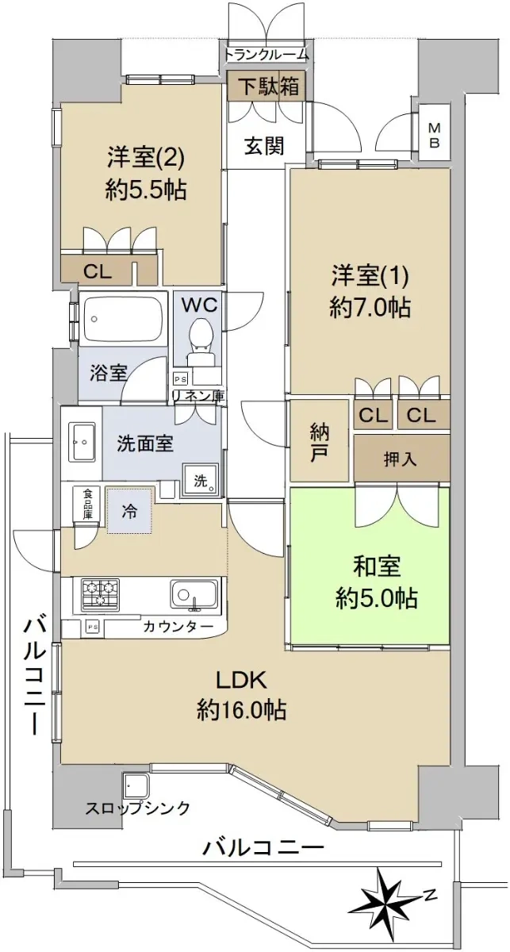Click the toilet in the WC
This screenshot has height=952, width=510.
[200, 341]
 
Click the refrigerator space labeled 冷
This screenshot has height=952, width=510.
[129, 512]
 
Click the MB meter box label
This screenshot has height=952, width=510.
[434, 135]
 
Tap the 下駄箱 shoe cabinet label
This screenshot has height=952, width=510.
[266, 86]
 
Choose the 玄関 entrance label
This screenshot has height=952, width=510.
[264, 146]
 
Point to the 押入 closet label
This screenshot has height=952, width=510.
[401, 459]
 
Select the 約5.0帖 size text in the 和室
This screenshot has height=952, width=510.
[377, 598]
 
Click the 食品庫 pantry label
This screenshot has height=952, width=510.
[88, 503]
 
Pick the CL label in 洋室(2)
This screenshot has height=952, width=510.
[98, 271]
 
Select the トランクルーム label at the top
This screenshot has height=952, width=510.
[266, 55]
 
